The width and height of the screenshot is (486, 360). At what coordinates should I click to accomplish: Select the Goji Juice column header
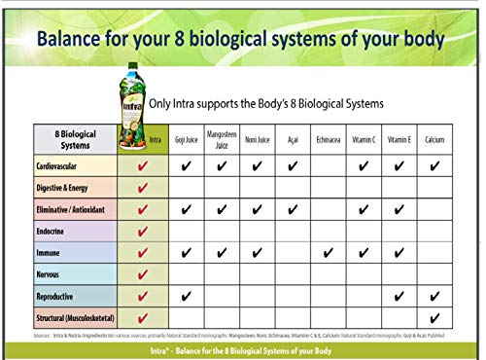(186, 140)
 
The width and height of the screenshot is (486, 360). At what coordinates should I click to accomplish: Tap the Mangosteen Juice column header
(222, 140)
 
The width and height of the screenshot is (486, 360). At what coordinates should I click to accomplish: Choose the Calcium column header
(434, 140)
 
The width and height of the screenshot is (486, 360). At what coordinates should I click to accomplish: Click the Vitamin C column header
(363, 140)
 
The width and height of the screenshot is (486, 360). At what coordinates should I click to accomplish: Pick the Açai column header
(292, 140)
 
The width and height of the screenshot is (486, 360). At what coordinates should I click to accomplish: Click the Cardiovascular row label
(60, 166)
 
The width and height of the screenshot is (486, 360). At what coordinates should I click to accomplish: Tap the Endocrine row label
(54, 232)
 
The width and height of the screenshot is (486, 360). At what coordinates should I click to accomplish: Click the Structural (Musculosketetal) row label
(75, 317)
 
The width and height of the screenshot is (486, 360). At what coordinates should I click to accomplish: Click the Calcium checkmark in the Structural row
(434, 317)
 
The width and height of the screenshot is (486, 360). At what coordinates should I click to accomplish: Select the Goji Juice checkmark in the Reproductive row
(186, 296)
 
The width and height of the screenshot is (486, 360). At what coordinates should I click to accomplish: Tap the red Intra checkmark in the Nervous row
(144, 274)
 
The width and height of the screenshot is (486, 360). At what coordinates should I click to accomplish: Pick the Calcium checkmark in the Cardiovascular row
(434, 166)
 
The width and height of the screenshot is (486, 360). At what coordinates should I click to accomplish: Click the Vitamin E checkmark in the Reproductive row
(399, 296)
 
